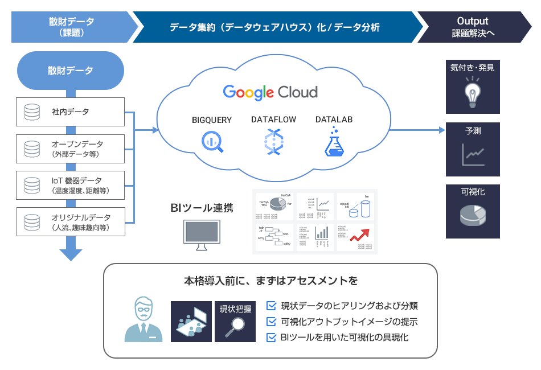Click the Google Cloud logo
coord(270,92)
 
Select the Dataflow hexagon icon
coord(273,142)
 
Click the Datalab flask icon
coord(334,142)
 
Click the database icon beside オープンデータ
coord(32,149)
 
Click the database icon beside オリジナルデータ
coord(32,223)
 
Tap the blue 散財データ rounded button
coord(71,71)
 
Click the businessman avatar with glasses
coord(143,320)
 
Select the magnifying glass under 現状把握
coord(235,327)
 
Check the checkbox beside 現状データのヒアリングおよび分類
coord(272,306)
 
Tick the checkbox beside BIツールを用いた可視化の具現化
coord(272,338)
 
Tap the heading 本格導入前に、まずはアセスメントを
coord(270,281)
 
